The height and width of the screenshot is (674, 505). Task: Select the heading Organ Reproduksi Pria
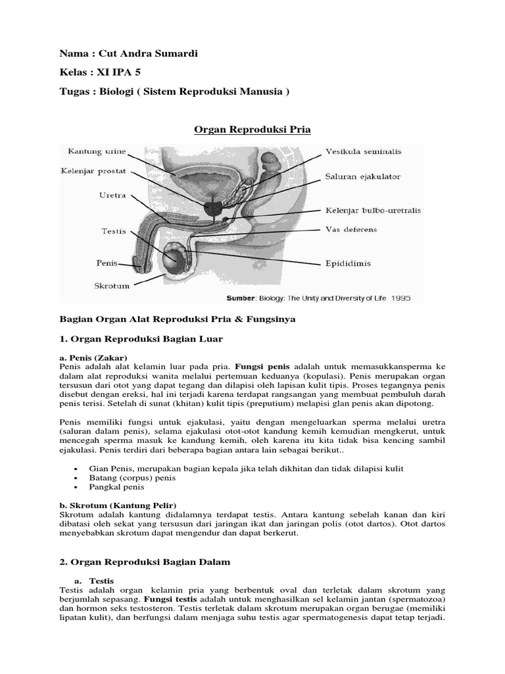point(252,130)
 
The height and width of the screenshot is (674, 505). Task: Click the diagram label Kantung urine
point(97,152)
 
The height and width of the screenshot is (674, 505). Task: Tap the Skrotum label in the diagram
point(112,286)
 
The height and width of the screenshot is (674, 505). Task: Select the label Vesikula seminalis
point(364,151)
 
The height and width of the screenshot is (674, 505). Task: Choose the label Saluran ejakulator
point(362,176)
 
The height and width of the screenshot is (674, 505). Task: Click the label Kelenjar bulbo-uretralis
point(373,211)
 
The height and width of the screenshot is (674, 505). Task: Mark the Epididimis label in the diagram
point(348,263)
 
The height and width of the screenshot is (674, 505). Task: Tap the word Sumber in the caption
point(241,298)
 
